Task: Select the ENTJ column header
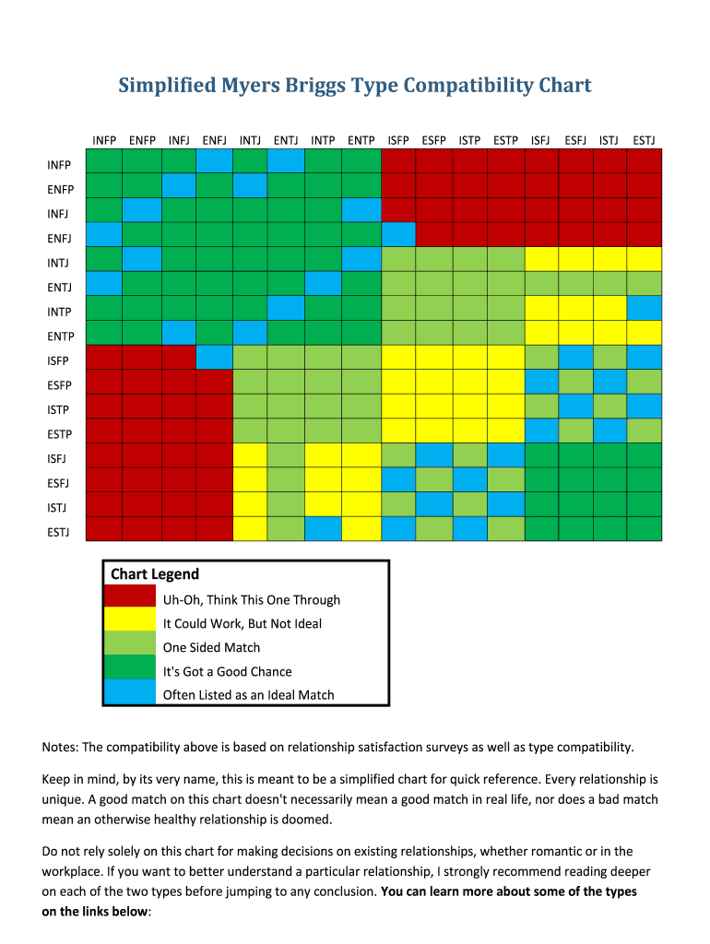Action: pos(286,141)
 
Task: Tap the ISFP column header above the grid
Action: pos(398,141)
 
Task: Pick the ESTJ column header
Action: pos(644,141)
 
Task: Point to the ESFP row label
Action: pos(61,384)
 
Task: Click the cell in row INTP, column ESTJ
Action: pos(644,308)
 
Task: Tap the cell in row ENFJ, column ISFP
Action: pos(398,234)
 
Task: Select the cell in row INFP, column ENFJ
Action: pos(214,161)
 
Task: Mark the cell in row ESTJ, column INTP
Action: pos(323,528)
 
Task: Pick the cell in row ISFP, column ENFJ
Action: pos(214,357)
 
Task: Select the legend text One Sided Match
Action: pos(211,647)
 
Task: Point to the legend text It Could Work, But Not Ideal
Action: pos(243,623)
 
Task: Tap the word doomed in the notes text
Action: pos(332,819)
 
